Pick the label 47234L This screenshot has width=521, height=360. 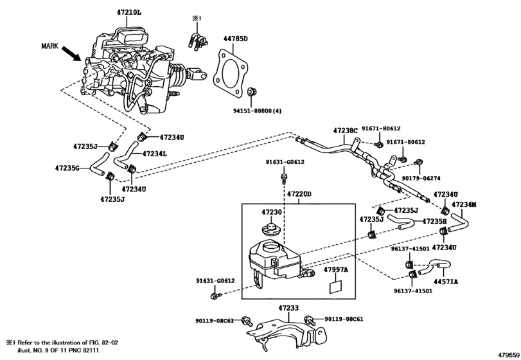click(155, 154)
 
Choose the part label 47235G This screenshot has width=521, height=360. click(67, 168)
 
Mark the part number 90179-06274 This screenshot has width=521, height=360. click(420, 179)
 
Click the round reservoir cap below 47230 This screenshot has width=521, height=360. click(270, 230)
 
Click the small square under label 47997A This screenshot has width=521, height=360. click(334, 286)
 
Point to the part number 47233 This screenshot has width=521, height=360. click(288, 308)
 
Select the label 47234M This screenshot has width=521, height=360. click(464, 205)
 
